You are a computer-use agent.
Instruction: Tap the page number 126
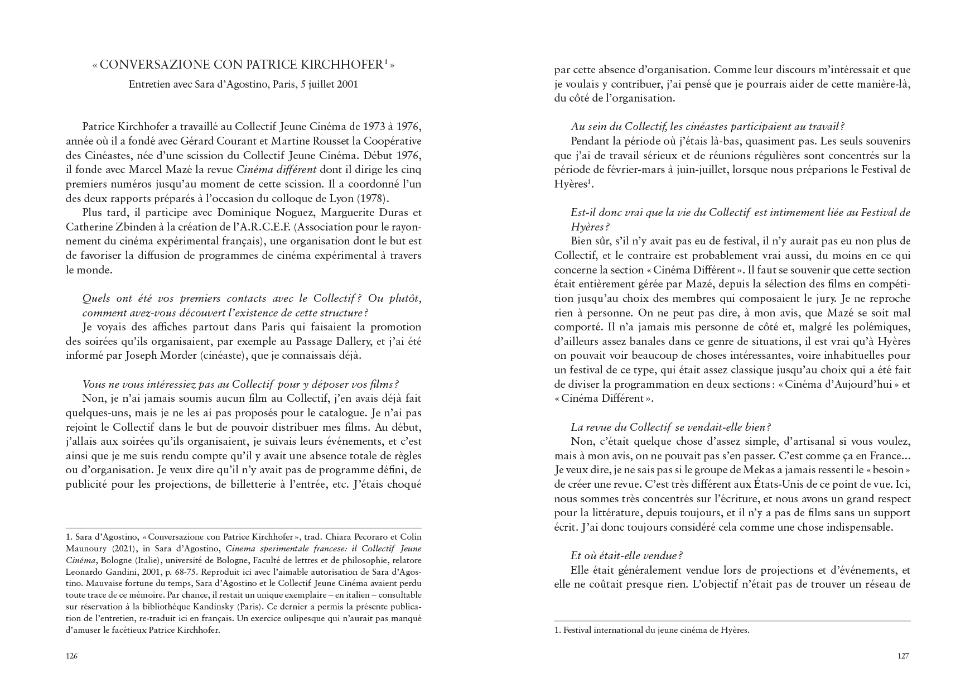tap(71, 656)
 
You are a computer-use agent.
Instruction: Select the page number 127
tap(903, 656)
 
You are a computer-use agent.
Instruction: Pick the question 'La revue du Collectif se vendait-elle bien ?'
tap(670, 427)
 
